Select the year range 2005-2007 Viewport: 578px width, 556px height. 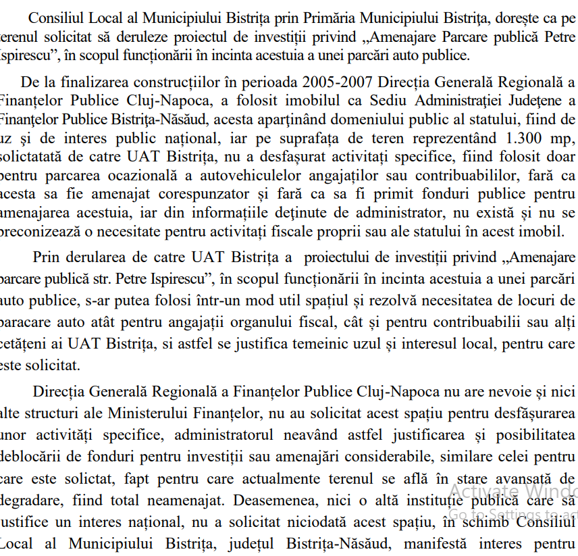340,82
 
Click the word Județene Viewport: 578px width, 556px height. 525,101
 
